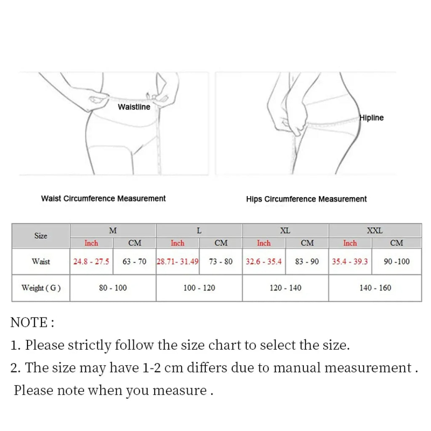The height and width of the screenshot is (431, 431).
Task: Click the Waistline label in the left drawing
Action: point(134,107)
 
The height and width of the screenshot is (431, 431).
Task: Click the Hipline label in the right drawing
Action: point(371,118)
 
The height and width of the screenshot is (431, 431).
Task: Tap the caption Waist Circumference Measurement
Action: point(103,198)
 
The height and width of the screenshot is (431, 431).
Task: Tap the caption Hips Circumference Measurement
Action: point(306,199)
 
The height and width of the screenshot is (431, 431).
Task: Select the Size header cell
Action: point(41,236)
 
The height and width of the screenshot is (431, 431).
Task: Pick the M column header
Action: point(113,231)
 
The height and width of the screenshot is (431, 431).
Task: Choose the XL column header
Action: point(285,231)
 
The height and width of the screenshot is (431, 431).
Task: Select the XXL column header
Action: point(375,231)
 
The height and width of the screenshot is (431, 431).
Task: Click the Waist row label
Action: point(41,261)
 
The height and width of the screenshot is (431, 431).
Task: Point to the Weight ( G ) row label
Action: point(41,288)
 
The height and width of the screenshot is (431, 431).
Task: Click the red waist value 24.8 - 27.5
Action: point(91,261)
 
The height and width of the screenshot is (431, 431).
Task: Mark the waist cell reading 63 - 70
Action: point(135,261)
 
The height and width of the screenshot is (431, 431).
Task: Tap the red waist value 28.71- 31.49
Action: point(178,261)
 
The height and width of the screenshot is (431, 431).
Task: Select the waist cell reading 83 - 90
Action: point(307,261)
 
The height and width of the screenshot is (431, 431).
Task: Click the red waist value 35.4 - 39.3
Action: point(350,261)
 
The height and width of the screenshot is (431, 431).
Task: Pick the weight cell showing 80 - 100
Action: point(113,288)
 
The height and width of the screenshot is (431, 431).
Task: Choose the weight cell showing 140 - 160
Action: point(375,288)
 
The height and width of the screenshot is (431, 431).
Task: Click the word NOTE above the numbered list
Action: point(29,323)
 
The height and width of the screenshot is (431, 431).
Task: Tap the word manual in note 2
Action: point(298,368)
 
